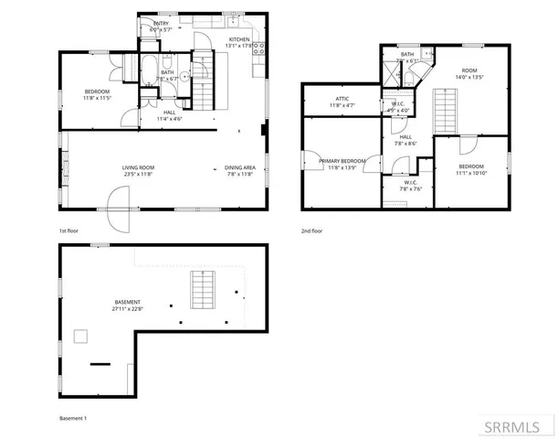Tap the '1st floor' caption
(69, 231)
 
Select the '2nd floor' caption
(311, 231)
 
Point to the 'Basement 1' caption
(73, 418)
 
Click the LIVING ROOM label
(139, 167)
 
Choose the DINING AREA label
(240, 167)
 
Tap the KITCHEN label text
(239, 40)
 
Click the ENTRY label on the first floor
(161, 24)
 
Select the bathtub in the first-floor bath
(148, 69)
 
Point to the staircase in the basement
(201, 290)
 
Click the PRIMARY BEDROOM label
(342, 161)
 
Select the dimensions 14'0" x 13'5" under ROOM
(469, 78)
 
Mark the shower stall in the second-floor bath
(389, 76)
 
